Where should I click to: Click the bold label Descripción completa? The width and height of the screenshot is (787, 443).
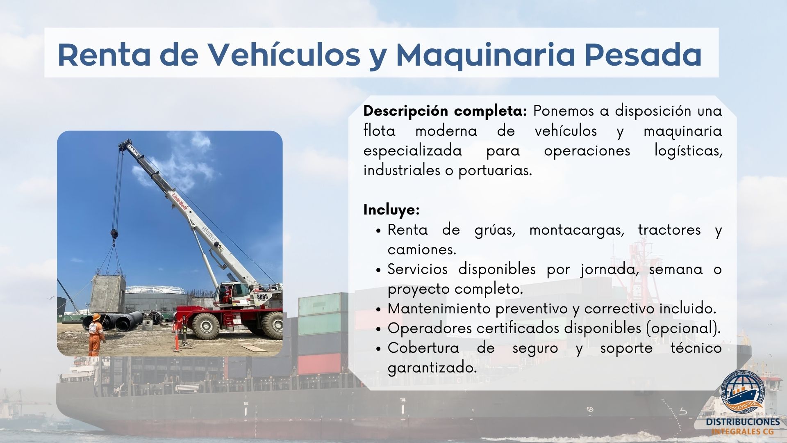click(x=445, y=111)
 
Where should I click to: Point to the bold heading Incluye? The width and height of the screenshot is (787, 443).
click(x=391, y=210)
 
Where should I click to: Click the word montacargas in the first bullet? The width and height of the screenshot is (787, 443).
click(x=577, y=230)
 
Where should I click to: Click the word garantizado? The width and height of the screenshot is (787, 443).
click(x=432, y=368)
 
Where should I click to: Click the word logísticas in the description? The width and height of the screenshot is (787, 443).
click(x=688, y=151)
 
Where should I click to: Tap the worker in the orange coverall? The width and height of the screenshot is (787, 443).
click(x=96, y=335)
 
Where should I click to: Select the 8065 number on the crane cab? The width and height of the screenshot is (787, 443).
click(x=262, y=297)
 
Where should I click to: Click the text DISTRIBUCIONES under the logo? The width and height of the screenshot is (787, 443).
click(x=743, y=422)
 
